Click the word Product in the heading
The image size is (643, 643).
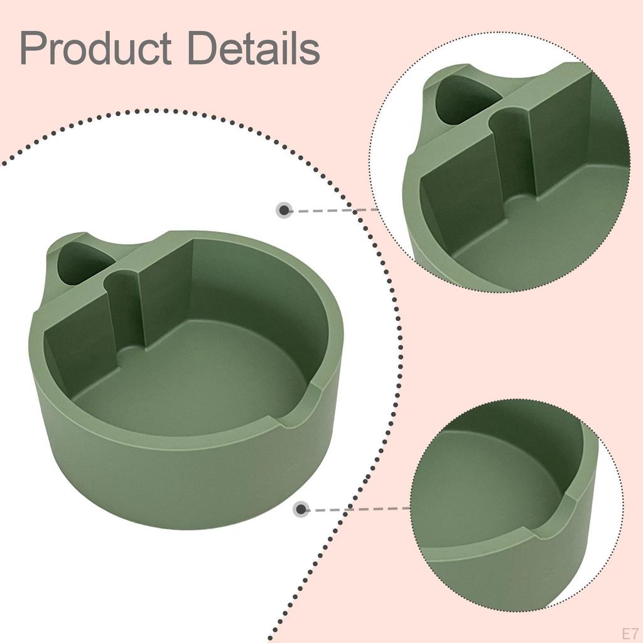(x=95, y=48)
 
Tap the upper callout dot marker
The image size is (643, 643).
(x=284, y=210)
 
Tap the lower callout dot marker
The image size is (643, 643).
(x=301, y=509)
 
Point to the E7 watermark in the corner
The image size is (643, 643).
(x=630, y=633)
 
